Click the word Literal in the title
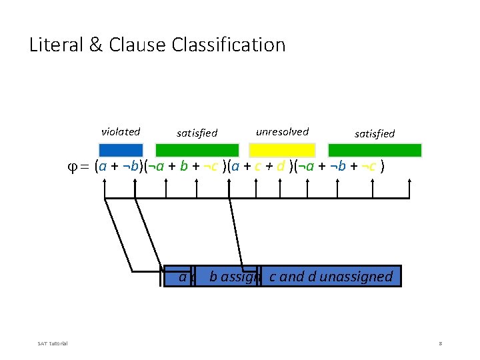pyautogui.click(x=55, y=45)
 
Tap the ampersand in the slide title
pyautogui.click(x=95, y=45)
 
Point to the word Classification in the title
pyautogui.click(x=228, y=45)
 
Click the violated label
pyautogui.click(x=120, y=132)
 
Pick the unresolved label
pyautogui.click(x=282, y=132)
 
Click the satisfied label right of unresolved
pyautogui.click(x=374, y=134)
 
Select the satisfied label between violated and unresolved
pyautogui.click(x=197, y=133)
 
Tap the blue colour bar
pyautogui.click(x=121, y=150)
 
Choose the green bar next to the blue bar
pyautogui.click(x=206, y=150)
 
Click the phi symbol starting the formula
pyautogui.click(x=83, y=167)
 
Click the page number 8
pyautogui.click(x=441, y=343)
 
